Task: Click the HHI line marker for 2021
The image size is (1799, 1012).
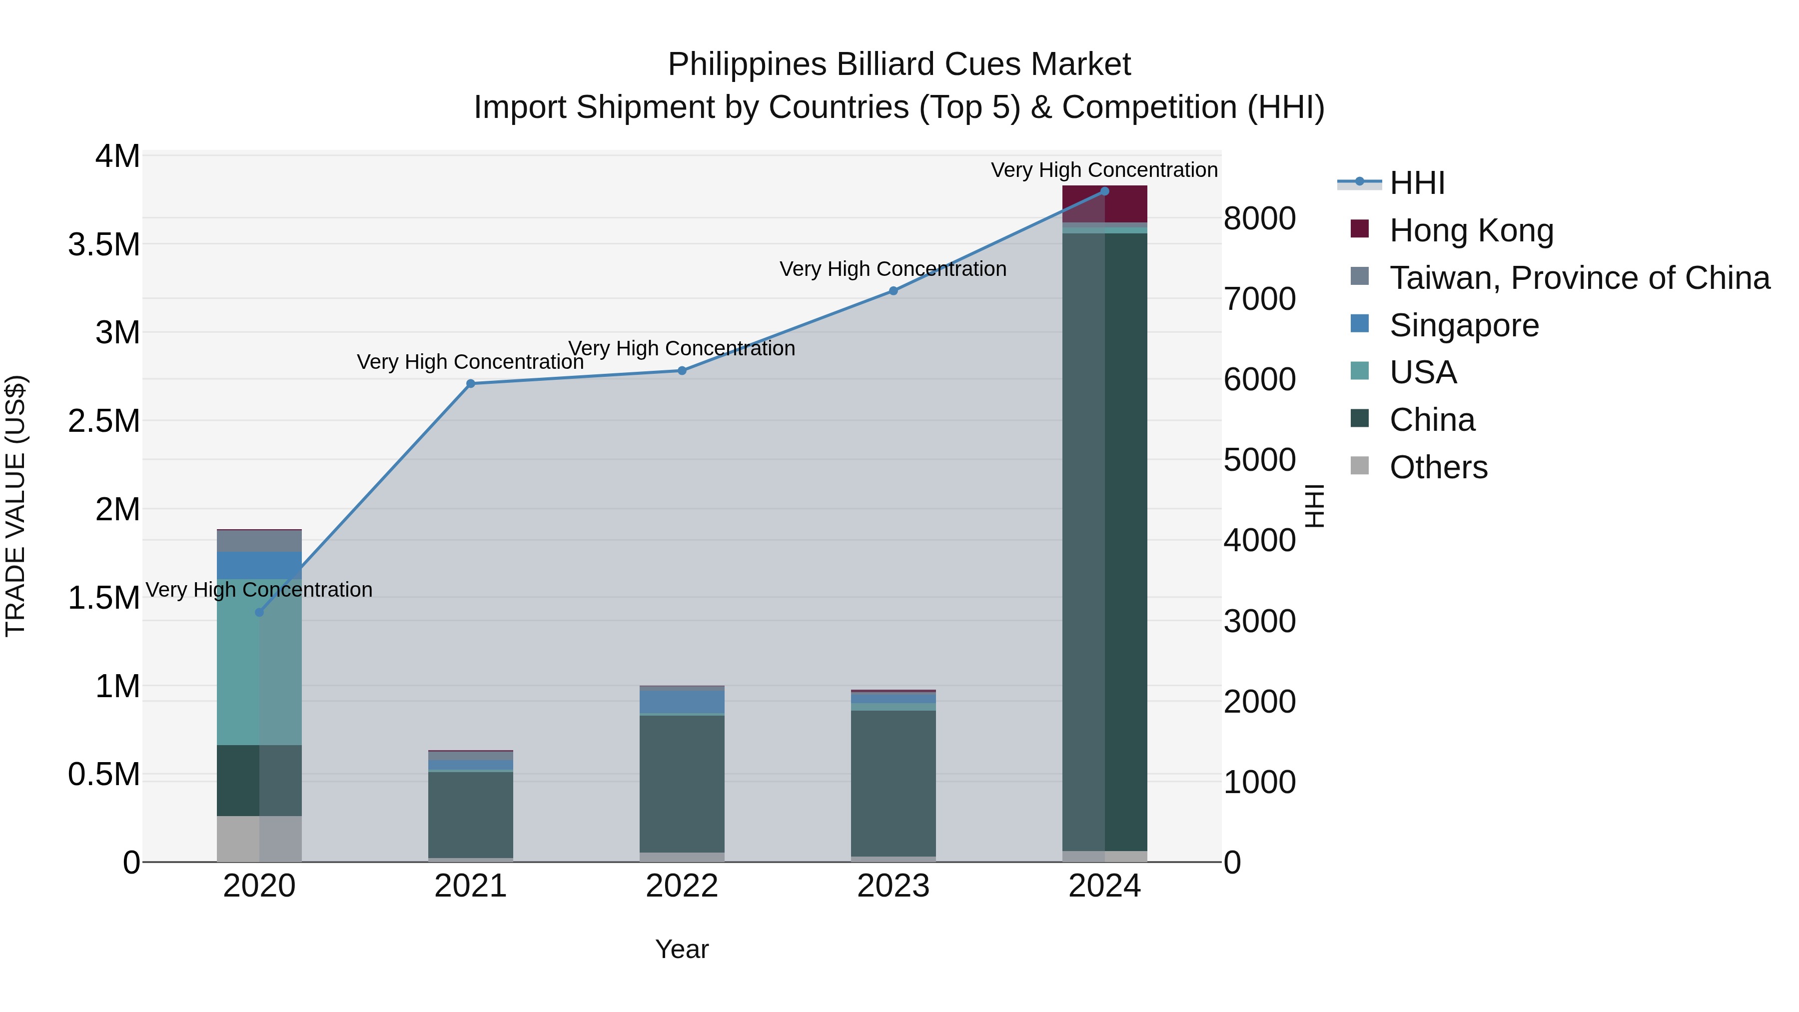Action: pos(470,383)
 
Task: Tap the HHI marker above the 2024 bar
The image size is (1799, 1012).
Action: pos(1104,191)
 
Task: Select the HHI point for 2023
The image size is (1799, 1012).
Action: pos(893,290)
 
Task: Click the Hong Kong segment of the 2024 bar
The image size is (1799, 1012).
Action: pos(1104,204)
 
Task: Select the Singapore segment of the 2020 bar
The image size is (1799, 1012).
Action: pos(259,565)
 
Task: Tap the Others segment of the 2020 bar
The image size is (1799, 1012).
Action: pos(259,838)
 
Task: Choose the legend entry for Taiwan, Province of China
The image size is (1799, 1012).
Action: pos(1578,277)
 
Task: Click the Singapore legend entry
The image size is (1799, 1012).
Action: pos(1463,325)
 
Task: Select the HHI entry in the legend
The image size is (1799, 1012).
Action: pos(1416,183)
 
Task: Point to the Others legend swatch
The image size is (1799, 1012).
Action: pos(1359,466)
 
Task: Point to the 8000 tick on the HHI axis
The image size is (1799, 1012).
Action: pos(1259,218)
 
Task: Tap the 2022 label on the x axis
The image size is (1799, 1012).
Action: pos(682,886)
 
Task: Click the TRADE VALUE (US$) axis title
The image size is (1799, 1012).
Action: pos(15,506)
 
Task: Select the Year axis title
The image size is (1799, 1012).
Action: pos(682,949)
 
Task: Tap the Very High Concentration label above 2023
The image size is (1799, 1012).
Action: pos(893,269)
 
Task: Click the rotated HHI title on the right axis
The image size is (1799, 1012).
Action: pos(1314,506)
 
